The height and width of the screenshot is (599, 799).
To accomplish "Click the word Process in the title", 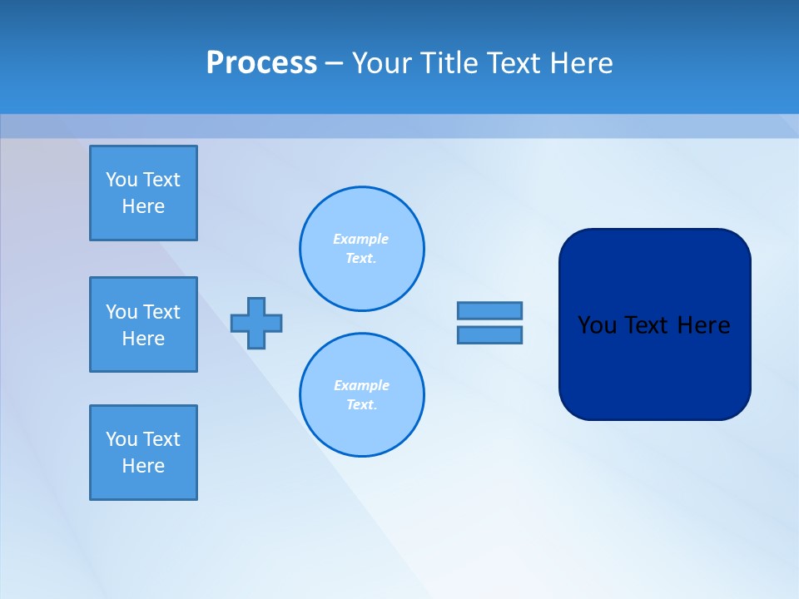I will pos(261,63).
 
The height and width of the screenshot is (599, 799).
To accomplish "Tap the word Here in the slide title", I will pos(582,63).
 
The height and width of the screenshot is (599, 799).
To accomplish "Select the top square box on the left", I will pos(143,193).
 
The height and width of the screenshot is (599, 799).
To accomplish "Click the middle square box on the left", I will pos(143,324).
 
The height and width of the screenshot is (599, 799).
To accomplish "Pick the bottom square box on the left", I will pos(143,453).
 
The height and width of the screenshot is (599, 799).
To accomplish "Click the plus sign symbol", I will pos(256,323).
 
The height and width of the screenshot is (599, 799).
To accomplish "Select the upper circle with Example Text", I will pos(361,248).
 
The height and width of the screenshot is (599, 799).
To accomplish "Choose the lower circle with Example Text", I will pos(361,394).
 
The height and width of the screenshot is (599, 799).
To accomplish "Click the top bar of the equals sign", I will pos(489,310).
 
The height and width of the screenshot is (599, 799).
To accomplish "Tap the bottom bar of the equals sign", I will pos(489,334).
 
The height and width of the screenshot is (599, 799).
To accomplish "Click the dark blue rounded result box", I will pos(654,366).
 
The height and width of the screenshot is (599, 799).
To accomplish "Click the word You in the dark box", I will pos(596,325).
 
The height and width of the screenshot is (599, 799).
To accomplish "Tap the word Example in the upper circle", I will pos(360,239).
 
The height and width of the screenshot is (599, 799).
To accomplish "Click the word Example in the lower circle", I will pos(360,385).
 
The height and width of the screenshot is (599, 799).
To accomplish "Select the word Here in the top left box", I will pos(143,206).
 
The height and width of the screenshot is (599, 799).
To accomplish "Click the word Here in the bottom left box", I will pos(143,466).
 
